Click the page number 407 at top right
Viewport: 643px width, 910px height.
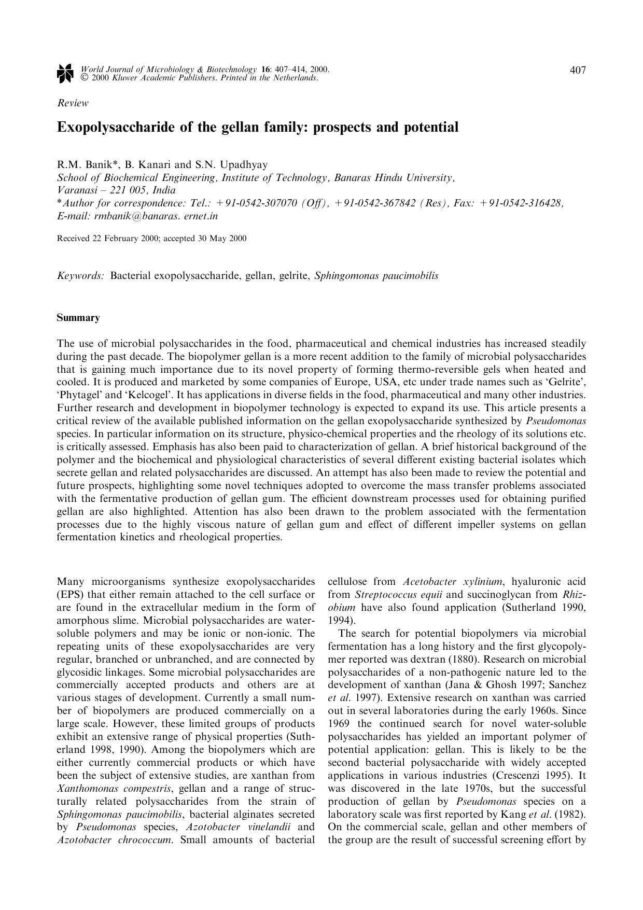(x=578, y=71)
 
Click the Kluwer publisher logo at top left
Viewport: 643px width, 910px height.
(x=64, y=74)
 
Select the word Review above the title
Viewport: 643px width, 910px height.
(x=73, y=103)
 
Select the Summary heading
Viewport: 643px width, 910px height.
(x=78, y=318)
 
